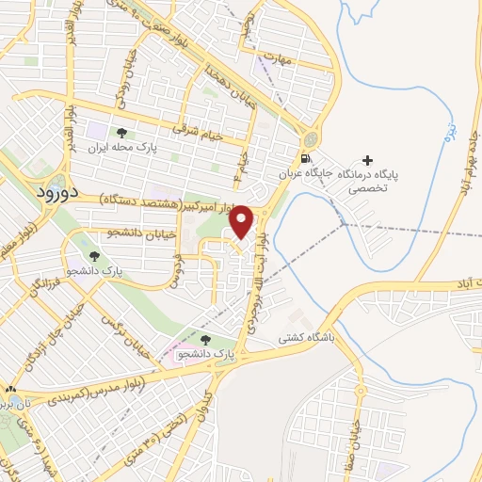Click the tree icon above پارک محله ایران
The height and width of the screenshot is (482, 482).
coord(120,133)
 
